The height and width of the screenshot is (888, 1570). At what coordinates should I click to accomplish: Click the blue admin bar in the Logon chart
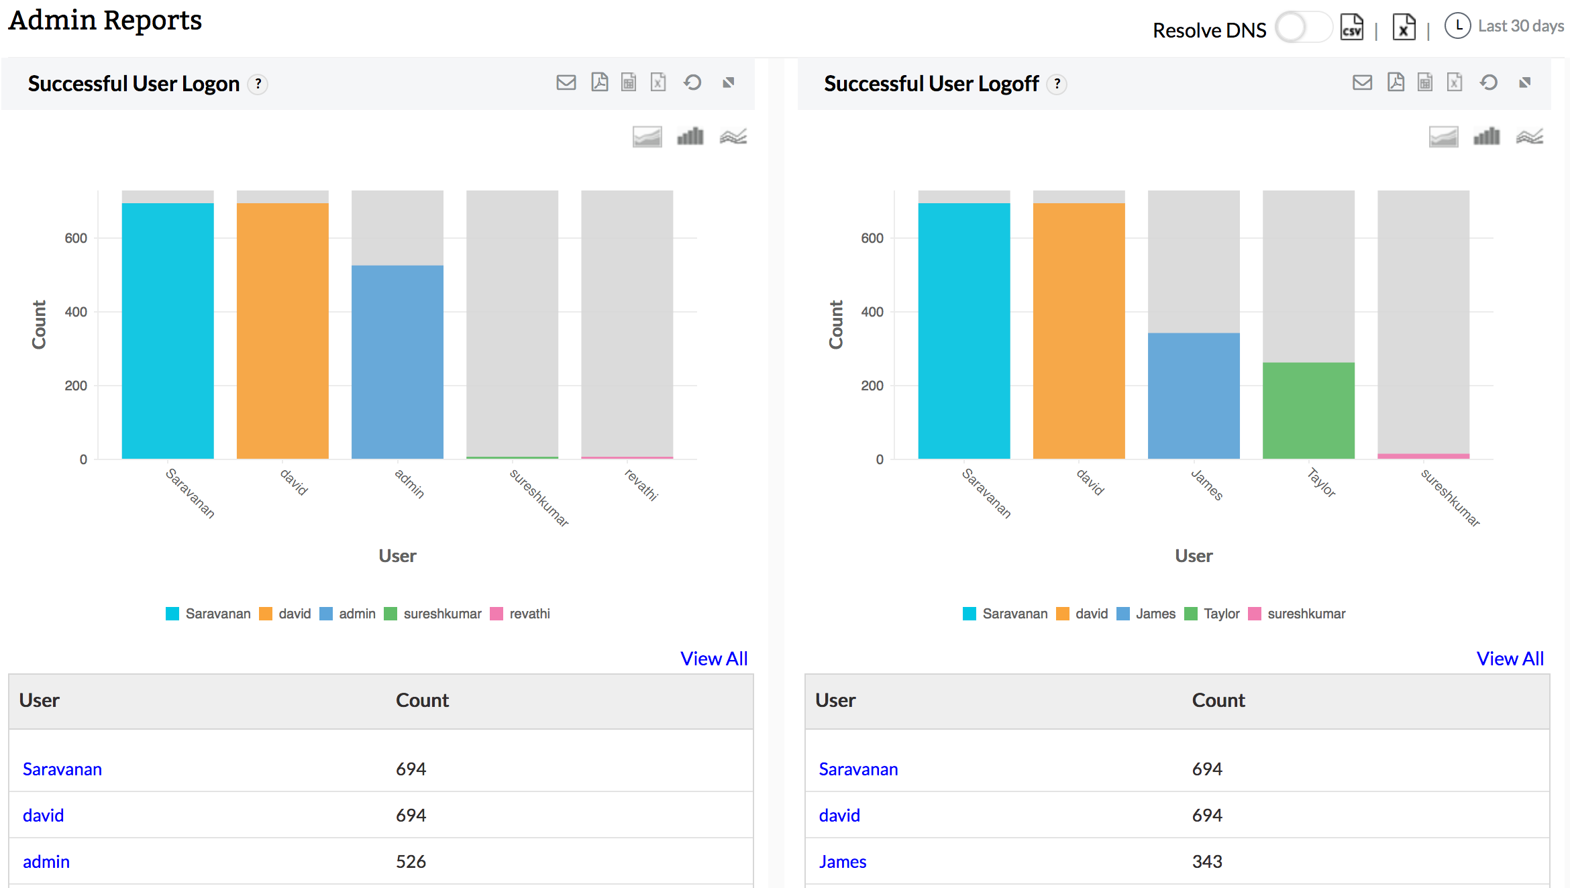(x=397, y=362)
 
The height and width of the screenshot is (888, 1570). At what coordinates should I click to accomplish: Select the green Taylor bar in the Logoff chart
(x=1308, y=410)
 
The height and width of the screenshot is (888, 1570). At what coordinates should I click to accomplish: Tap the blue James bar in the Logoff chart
(x=1194, y=396)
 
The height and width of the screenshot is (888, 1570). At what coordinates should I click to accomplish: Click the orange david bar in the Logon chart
(x=282, y=331)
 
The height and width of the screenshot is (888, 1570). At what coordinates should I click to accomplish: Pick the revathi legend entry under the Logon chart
(x=521, y=614)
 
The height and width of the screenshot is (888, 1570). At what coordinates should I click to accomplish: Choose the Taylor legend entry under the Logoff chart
(x=1213, y=614)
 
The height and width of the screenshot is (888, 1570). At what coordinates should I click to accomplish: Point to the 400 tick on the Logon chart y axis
(x=76, y=312)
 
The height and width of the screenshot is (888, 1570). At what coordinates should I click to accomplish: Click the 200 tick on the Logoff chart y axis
(x=872, y=386)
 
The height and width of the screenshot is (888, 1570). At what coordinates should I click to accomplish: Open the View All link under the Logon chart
(x=714, y=659)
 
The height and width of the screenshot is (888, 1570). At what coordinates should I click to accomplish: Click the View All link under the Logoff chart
(x=1510, y=659)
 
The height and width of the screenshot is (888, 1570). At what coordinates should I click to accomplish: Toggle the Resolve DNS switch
(x=1303, y=28)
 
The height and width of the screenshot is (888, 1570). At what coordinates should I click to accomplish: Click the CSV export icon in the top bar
(x=1351, y=27)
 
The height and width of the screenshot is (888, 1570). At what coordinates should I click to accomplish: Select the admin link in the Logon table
(x=46, y=862)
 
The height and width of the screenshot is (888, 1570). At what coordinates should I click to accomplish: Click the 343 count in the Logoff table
(x=1207, y=862)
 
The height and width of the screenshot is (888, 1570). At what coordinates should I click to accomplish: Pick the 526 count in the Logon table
(x=411, y=862)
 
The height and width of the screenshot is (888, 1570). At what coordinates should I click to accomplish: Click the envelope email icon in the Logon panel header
(x=566, y=82)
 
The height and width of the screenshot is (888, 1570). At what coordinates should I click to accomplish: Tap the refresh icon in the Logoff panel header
(x=1489, y=82)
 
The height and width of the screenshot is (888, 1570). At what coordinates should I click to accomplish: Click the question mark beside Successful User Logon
(x=258, y=85)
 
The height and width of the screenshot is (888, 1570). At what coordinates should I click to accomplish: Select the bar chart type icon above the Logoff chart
(x=1486, y=137)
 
